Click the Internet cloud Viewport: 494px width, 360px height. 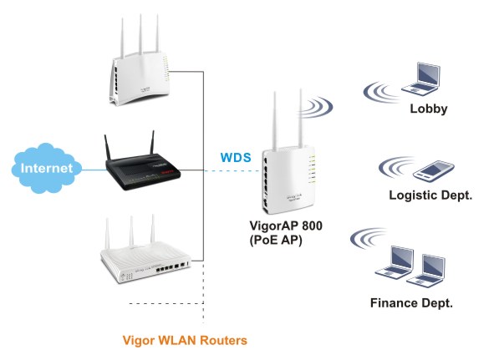click(47, 168)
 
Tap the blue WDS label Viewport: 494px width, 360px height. click(236, 158)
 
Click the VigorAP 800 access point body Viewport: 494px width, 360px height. click(288, 179)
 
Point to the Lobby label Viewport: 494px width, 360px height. click(429, 109)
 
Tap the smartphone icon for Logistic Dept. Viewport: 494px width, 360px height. click(434, 171)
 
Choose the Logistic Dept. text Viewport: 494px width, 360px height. click(430, 195)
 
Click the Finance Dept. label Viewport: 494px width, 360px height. click(411, 303)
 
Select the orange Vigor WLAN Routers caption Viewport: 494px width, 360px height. click(185, 341)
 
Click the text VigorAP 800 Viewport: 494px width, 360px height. click(286, 226)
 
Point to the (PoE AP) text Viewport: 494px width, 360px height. click(276, 241)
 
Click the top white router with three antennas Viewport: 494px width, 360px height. click(140, 60)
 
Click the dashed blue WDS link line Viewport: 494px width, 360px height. click(232, 170)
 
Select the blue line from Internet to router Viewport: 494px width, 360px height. click(94, 170)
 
